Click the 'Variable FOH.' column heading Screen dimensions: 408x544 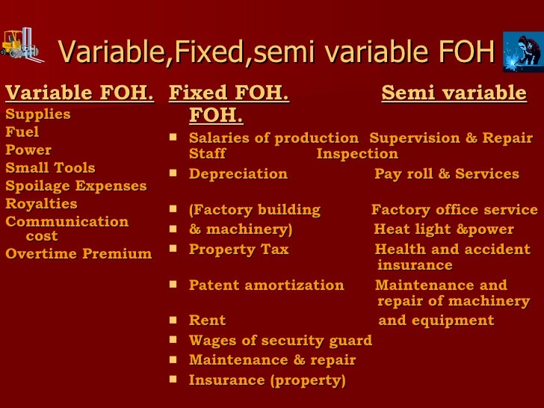click(80, 93)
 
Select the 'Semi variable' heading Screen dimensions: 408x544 click(454, 93)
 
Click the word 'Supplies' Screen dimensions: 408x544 click(38, 114)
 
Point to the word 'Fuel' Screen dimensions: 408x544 click(22, 132)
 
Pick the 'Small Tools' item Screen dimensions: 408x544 click(50, 167)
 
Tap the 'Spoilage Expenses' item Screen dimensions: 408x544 click(76, 185)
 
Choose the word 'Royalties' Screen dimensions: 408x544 click(41, 203)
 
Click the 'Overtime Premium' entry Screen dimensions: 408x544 click(78, 253)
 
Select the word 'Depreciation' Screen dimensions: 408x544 click(238, 174)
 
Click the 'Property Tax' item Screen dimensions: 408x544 click(238, 250)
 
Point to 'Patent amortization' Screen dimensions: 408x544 click(266, 285)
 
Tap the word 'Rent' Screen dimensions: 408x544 click(207, 321)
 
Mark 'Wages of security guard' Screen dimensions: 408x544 click(280, 340)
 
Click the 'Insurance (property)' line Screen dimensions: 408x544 click(267, 380)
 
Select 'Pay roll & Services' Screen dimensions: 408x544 click(446, 174)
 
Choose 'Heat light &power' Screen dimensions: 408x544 click(444, 229)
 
